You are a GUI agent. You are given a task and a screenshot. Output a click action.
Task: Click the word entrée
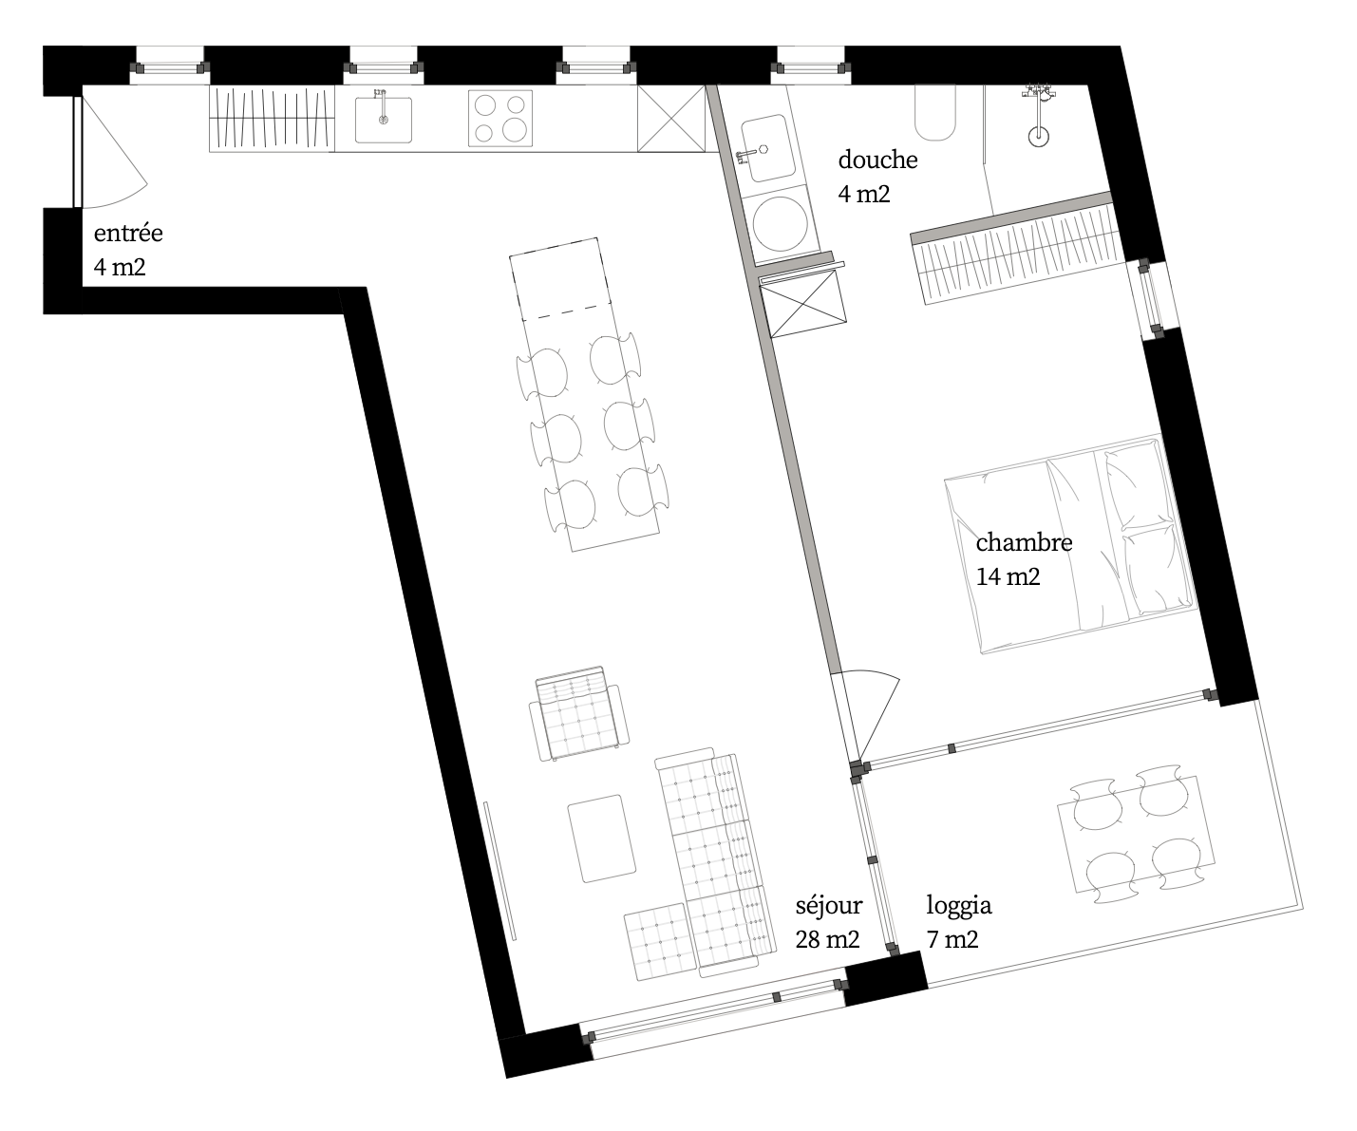pyautogui.click(x=128, y=233)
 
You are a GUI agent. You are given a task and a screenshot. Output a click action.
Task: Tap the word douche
pyautogui.click(x=877, y=160)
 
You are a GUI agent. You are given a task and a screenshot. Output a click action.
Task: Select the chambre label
pyautogui.click(x=1024, y=542)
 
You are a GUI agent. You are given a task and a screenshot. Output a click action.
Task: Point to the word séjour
pyautogui.click(x=829, y=906)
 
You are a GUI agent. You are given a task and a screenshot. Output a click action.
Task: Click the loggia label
pyautogui.click(x=958, y=906)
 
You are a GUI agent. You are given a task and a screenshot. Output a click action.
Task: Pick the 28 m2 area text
pyautogui.click(x=827, y=939)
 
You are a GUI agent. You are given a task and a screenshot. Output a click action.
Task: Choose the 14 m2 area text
pyautogui.click(x=1008, y=576)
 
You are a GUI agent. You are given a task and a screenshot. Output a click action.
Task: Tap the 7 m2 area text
pyautogui.click(x=952, y=939)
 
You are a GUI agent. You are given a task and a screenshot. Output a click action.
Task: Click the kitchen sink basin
pyautogui.click(x=384, y=120)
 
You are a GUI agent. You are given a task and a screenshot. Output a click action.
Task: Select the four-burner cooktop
pyautogui.click(x=500, y=119)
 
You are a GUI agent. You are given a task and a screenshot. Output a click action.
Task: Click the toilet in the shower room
pyautogui.click(x=935, y=113)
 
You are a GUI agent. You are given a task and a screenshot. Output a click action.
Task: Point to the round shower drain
pyautogui.click(x=1039, y=137)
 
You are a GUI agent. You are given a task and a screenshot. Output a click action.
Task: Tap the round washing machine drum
pyautogui.click(x=780, y=223)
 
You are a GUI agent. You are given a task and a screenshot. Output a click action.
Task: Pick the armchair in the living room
pyautogui.click(x=579, y=714)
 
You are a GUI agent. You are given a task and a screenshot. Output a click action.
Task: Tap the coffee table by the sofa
pyautogui.click(x=602, y=839)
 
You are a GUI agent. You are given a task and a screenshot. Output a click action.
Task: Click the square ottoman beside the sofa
pyautogui.click(x=661, y=941)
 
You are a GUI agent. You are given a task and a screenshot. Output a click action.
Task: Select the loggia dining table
pyautogui.click(x=1136, y=835)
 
